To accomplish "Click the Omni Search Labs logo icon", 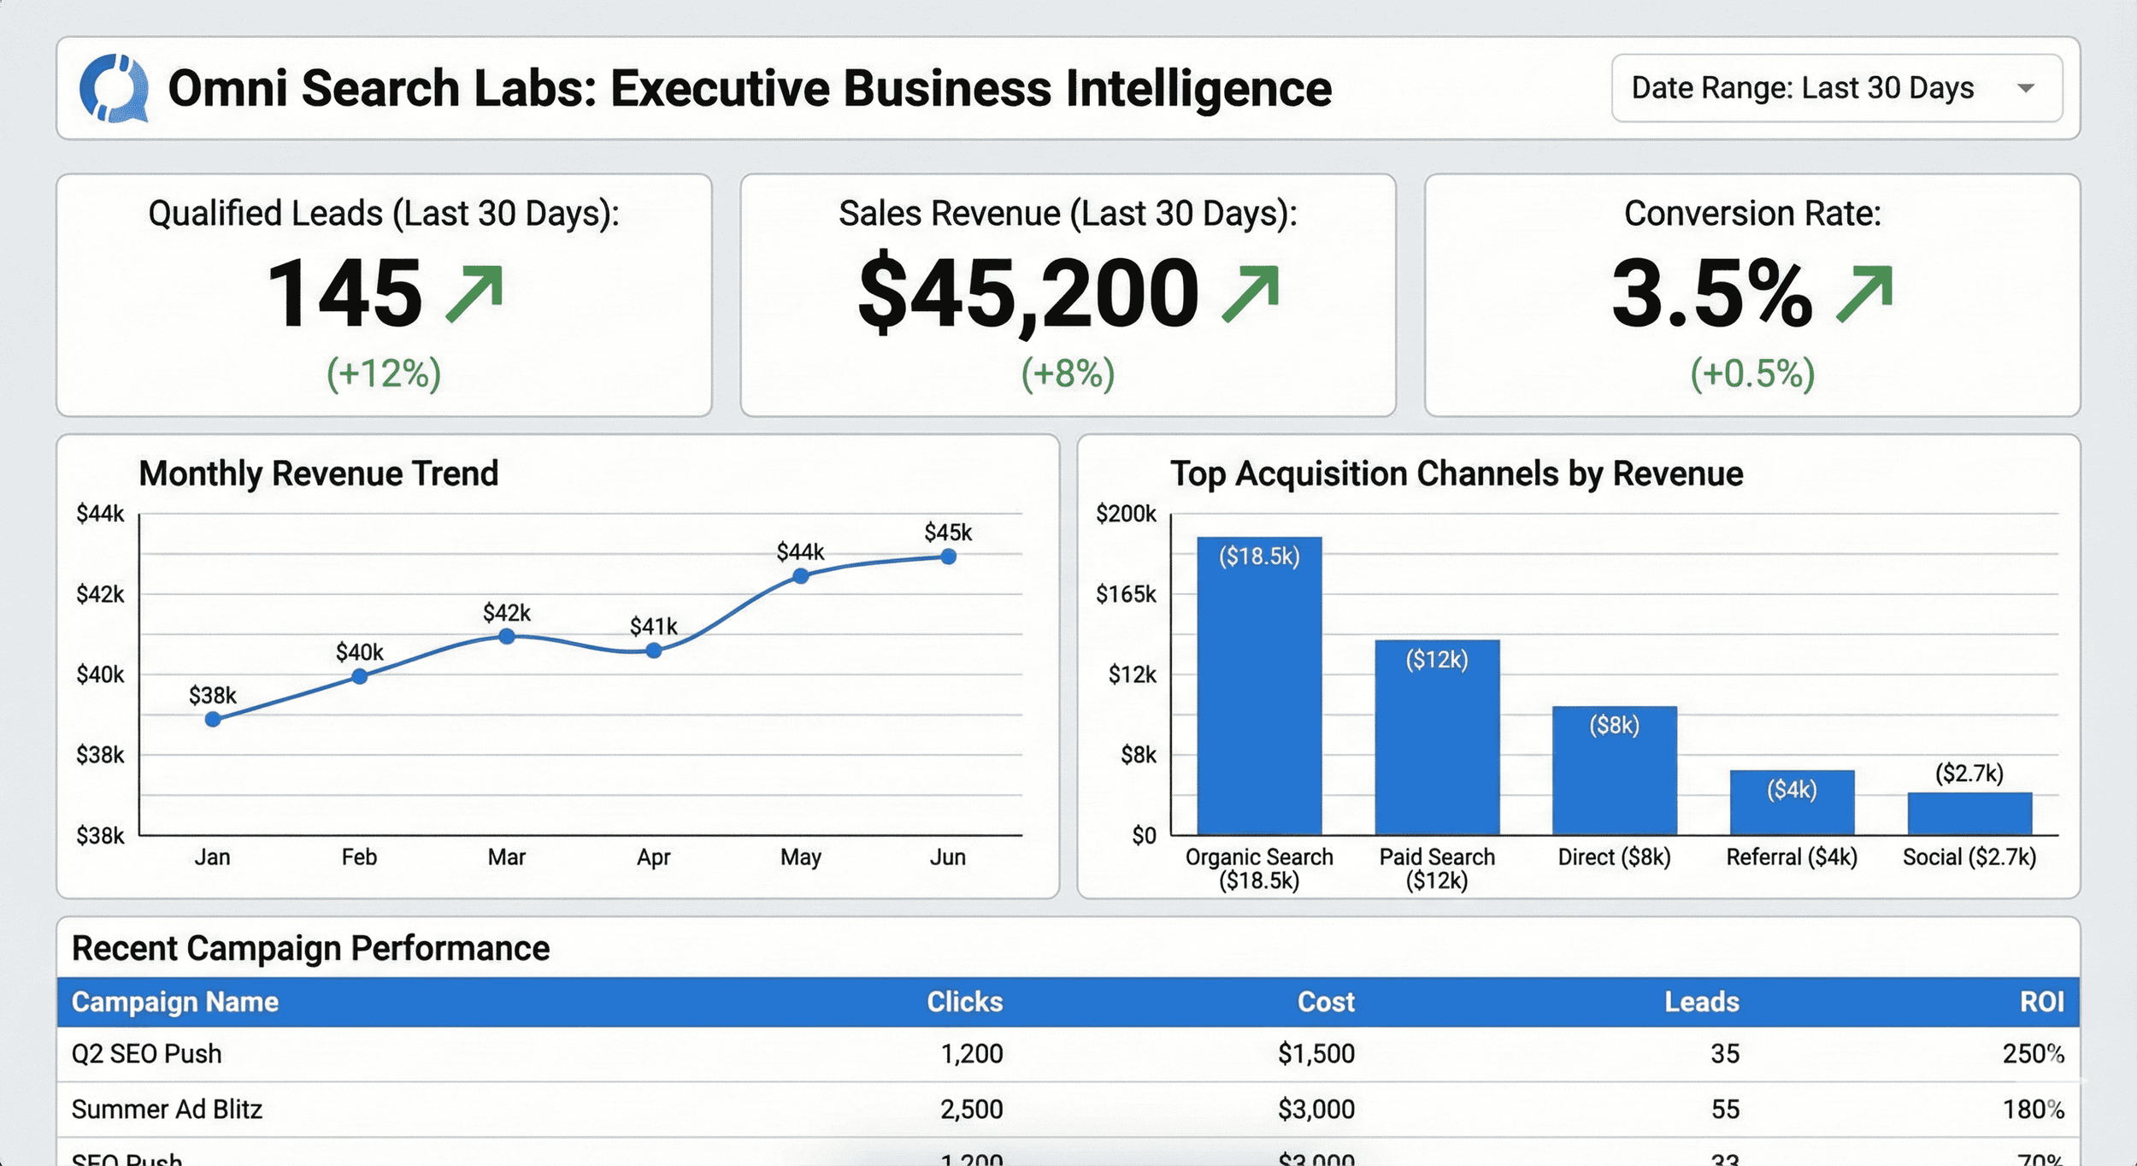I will point(114,88).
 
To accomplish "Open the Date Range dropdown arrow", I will point(2025,88).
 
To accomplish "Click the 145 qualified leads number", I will point(344,294).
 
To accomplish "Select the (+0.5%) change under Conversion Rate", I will point(1752,374).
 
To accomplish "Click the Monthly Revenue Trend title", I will point(318,474).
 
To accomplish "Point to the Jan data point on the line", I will point(213,720).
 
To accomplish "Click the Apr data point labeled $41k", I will point(654,651).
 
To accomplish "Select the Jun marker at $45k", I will point(948,556).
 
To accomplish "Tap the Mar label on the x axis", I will point(506,857).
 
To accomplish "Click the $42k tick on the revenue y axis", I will point(100,594).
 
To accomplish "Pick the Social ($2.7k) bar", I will point(1969,813).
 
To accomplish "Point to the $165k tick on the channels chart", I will point(1126,594).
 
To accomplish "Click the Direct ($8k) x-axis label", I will point(1614,857).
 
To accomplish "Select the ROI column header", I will point(2041,1002).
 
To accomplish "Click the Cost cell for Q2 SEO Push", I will point(1316,1053).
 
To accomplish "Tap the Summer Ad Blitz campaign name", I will point(167,1109).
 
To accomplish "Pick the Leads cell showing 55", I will point(1724,1109).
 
